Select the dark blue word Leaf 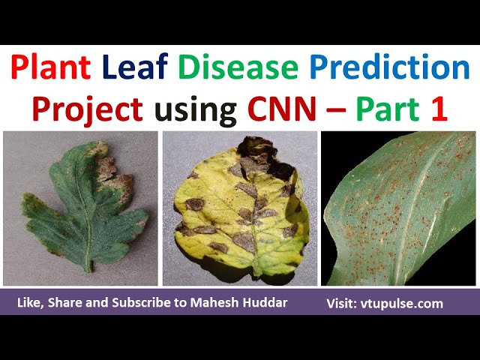pos(138,70)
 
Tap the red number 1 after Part pos(438,109)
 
